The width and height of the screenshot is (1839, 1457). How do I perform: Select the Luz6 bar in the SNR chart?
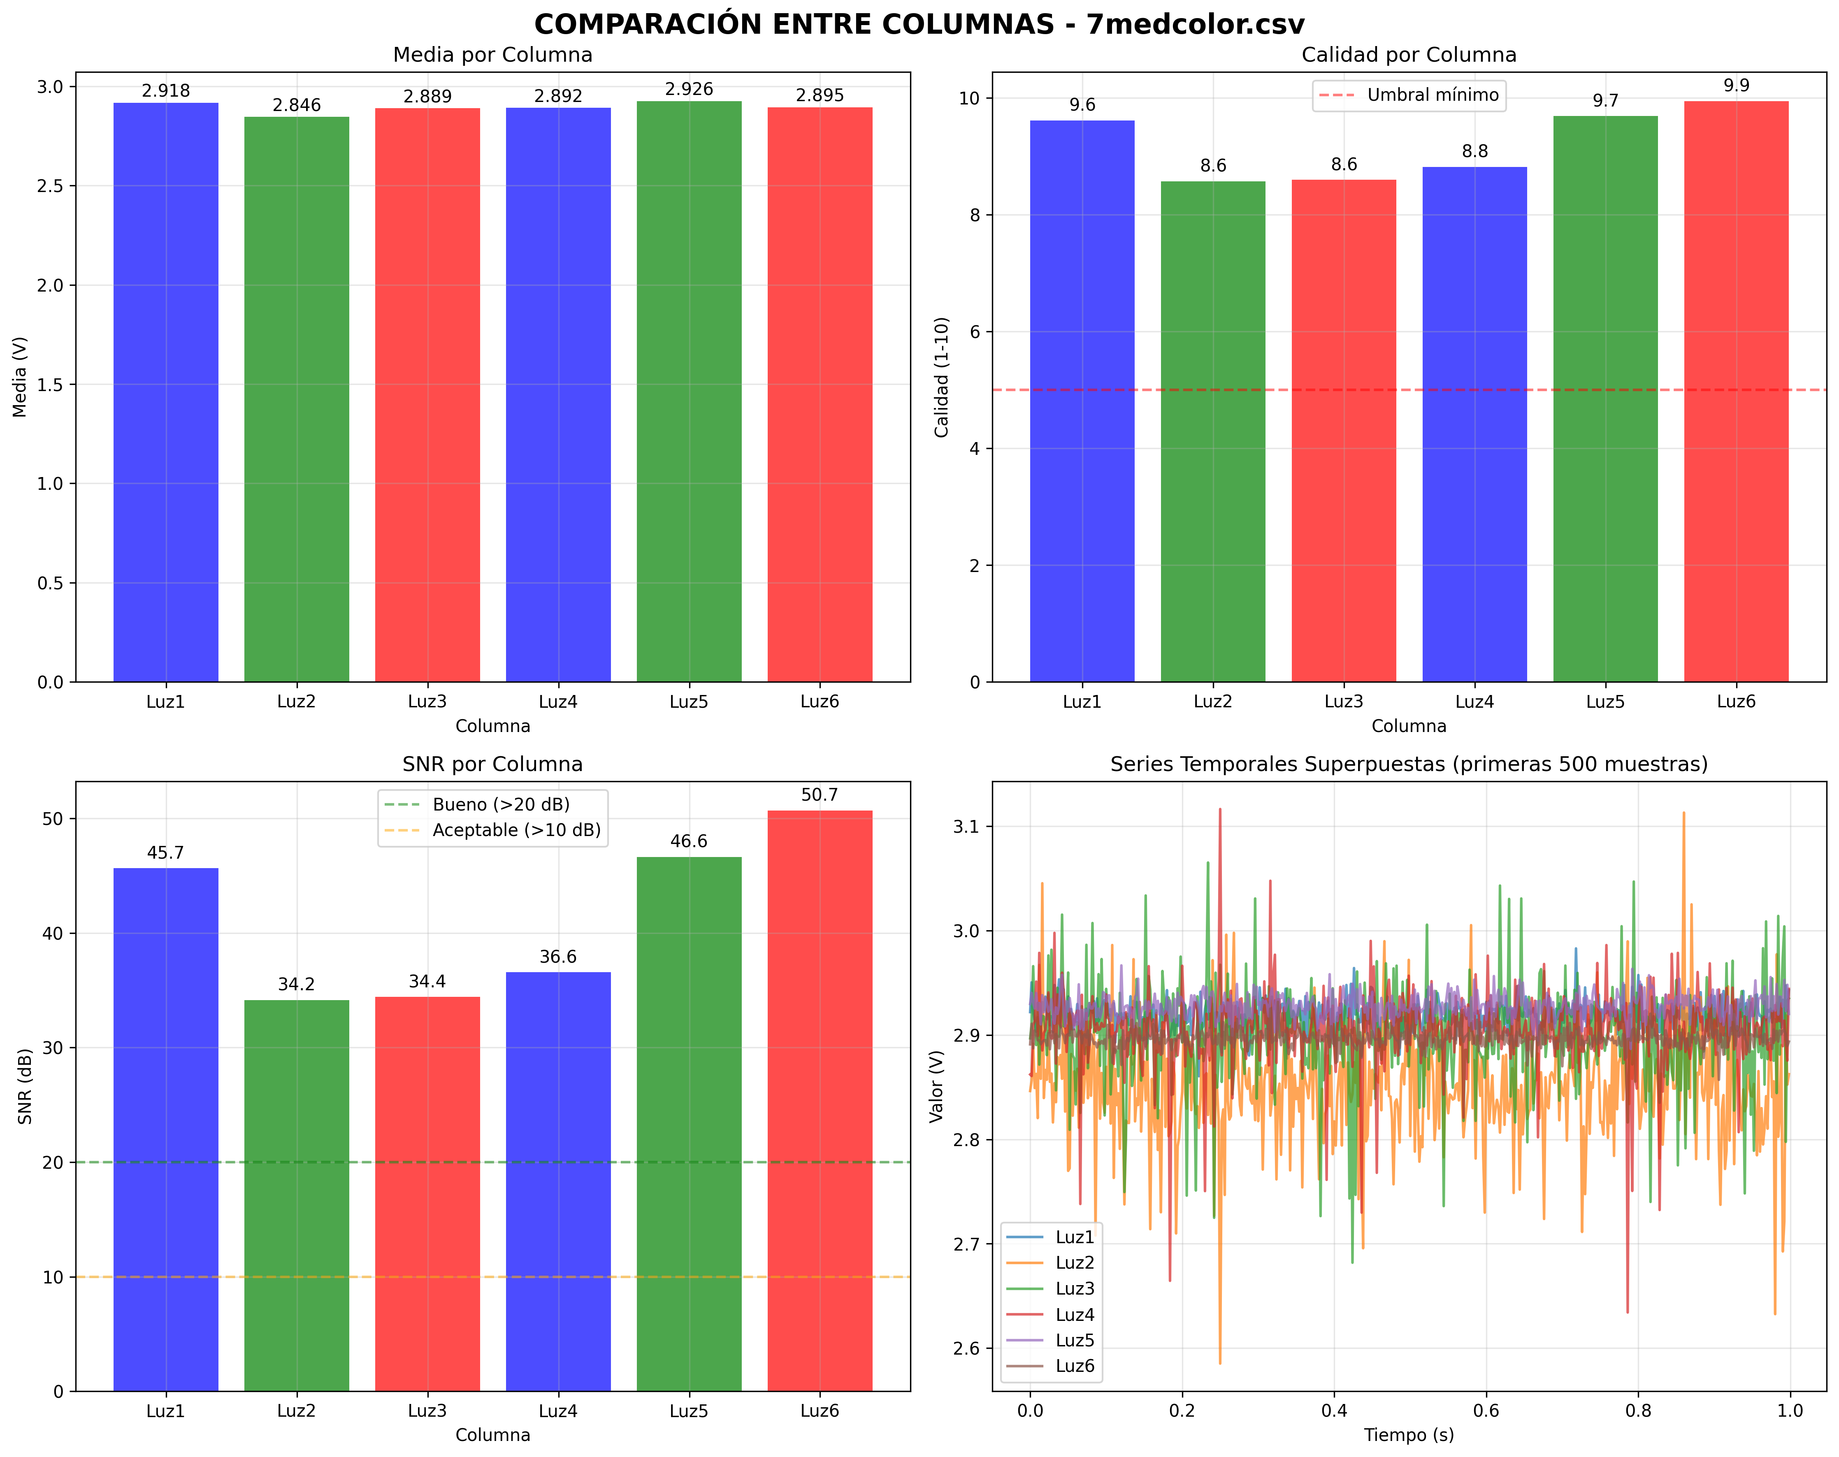click(820, 1100)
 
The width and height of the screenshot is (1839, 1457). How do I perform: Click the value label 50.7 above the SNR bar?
click(820, 795)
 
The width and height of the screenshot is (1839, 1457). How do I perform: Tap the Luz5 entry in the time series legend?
click(1074, 1340)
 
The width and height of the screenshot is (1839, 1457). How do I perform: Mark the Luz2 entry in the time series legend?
click(1074, 1262)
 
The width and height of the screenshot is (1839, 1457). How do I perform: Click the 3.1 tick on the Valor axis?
click(970, 826)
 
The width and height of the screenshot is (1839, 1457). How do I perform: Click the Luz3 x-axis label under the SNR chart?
click(427, 1411)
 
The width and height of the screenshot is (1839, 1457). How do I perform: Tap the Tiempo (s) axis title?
click(1409, 1435)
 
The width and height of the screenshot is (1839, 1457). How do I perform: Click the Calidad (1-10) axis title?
click(942, 377)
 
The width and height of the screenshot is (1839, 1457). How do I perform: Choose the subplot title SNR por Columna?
click(492, 764)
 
